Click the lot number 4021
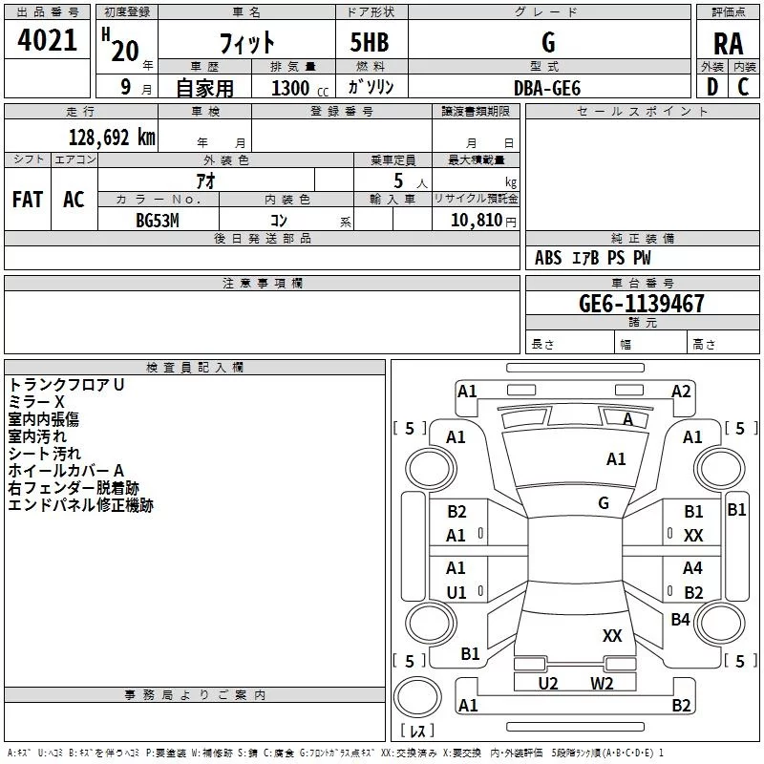click(x=47, y=40)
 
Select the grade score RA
click(x=728, y=44)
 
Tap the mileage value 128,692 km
click(x=112, y=138)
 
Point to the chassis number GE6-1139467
click(x=641, y=304)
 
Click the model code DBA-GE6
click(x=547, y=88)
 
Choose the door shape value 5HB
click(x=370, y=42)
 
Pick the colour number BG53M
click(x=158, y=221)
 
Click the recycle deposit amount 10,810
click(x=477, y=220)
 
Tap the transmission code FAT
click(x=28, y=200)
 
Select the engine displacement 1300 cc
click(x=300, y=88)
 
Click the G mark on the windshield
click(x=604, y=502)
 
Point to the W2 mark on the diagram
click(x=602, y=683)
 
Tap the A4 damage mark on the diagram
click(x=692, y=567)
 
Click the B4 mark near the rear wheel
click(x=680, y=619)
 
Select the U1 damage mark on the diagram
click(x=456, y=592)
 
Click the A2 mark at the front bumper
click(x=681, y=392)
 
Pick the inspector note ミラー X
click(x=36, y=402)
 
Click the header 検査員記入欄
click(x=195, y=368)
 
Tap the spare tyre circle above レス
click(x=417, y=696)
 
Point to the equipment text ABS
click(x=548, y=258)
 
